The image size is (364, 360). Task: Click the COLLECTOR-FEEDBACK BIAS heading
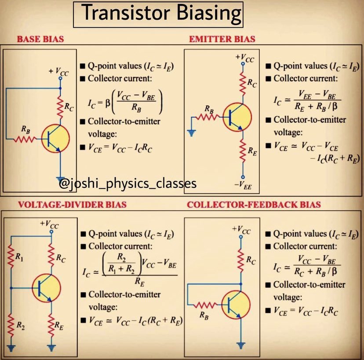tap(254, 205)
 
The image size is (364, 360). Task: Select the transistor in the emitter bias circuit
tap(237, 117)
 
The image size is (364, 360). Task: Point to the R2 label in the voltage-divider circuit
tap(20, 325)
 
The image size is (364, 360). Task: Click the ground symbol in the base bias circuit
tap(61, 175)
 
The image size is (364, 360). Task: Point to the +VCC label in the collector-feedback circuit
tap(242, 228)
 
